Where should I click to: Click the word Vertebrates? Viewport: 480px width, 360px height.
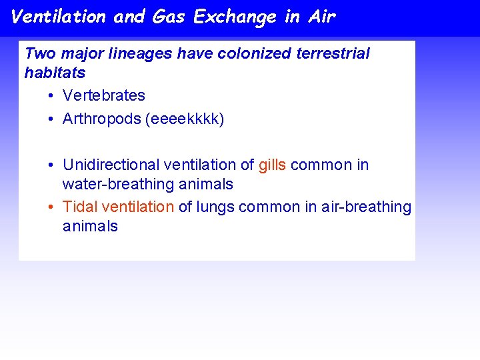[x=103, y=96]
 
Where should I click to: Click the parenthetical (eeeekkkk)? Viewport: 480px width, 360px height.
[x=188, y=119]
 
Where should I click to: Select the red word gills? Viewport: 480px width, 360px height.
[x=272, y=165]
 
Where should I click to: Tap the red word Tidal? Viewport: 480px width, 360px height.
[x=80, y=207]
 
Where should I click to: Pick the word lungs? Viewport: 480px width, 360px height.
[x=215, y=207]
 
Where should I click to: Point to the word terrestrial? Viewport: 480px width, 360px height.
[x=333, y=53]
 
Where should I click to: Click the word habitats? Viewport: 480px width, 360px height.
[x=55, y=73]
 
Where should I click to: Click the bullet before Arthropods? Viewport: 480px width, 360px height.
[x=51, y=120]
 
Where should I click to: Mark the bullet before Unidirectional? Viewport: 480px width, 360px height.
[x=51, y=165]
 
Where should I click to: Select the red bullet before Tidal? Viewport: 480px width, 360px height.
[x=51, y=208]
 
